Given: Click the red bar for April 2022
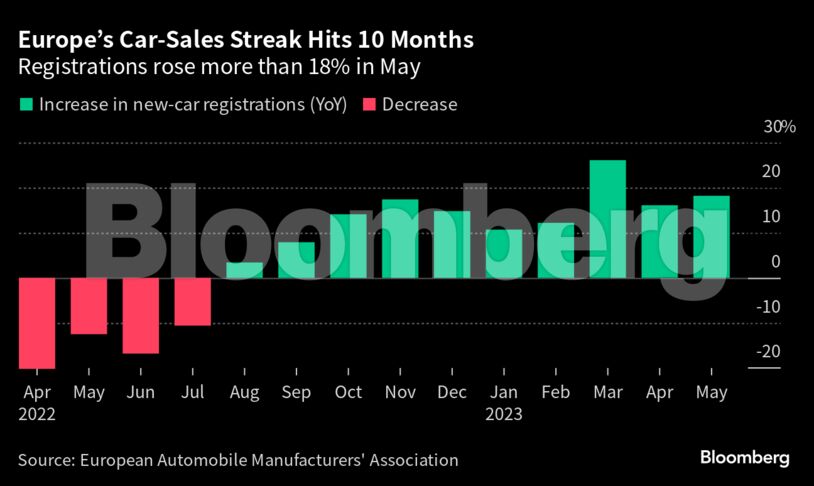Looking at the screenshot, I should pyautogui.click(x=37, y=323).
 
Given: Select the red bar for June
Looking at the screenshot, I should pyautogui.click(x=141, y=315).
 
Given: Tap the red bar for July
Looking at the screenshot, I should pyautogui.click(x=193, y=301).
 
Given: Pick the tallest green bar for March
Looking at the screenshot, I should pyautogui.click(x=607, y=219).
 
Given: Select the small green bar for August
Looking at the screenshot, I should pyautogui.click(x=245, y=270).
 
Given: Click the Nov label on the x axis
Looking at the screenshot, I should pyautogui.click(x=400, y=392).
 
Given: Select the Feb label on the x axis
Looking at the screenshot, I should pyautogui.click(x=555, y=392).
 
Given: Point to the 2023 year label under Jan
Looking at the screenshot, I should pyautogui.click(x=504, y=412).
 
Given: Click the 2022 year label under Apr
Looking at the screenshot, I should pyautogui.click(x=37, y=412).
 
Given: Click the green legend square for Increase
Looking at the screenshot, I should pyautogui.click(x=25, y=104).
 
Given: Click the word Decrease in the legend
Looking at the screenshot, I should pyautogui.click(x=419, y=104).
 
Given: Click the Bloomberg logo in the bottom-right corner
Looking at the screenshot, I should pyautogui.click(x=744, y=458).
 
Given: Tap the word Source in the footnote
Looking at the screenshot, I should pyautogui.click(x=44, y=460).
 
